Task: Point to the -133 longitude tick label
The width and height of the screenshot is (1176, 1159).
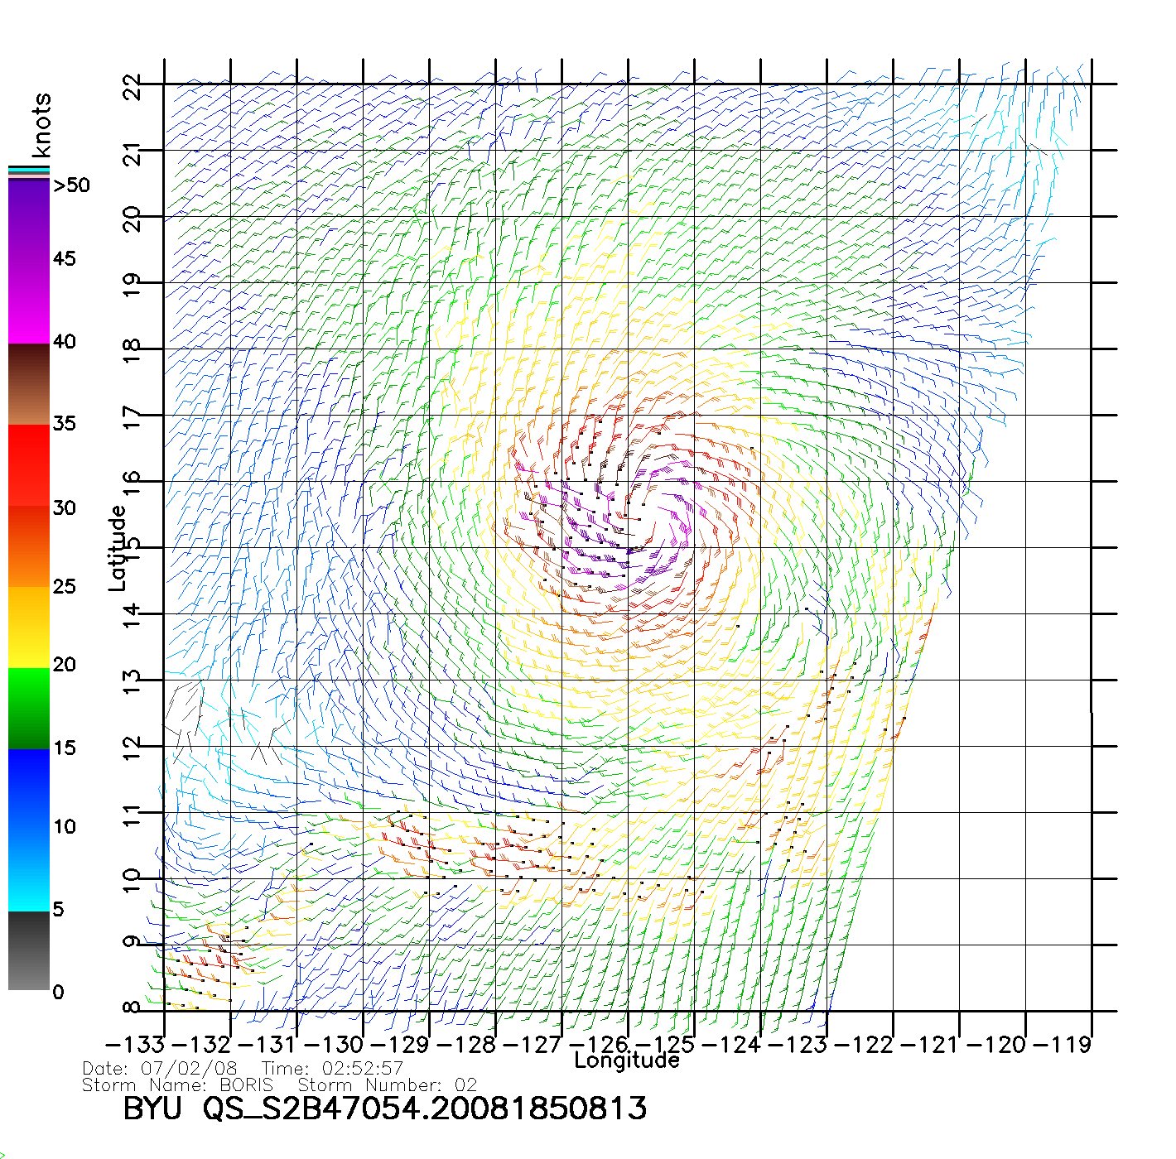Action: click(135, 1045)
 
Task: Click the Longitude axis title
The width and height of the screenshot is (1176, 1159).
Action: click(627, 1060)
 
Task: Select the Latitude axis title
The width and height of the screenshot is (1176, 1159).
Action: click(118, 547)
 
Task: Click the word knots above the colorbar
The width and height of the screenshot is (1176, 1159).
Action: click(41, 125)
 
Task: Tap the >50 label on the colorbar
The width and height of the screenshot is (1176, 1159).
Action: click(71, 185)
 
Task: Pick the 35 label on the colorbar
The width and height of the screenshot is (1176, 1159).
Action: click(64, 424)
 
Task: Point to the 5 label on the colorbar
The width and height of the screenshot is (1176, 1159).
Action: click(58, 909)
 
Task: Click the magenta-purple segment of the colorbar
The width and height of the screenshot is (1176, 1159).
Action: click(29, 261)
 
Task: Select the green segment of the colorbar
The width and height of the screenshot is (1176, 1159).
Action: click(29, 708)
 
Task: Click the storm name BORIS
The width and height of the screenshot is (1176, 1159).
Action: click(246, 1084)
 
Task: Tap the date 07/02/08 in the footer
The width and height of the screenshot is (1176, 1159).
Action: click(189, 1069)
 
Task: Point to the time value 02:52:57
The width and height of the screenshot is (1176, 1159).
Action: click(356, 1069)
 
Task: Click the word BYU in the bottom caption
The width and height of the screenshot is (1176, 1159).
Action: click(152, 1108)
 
